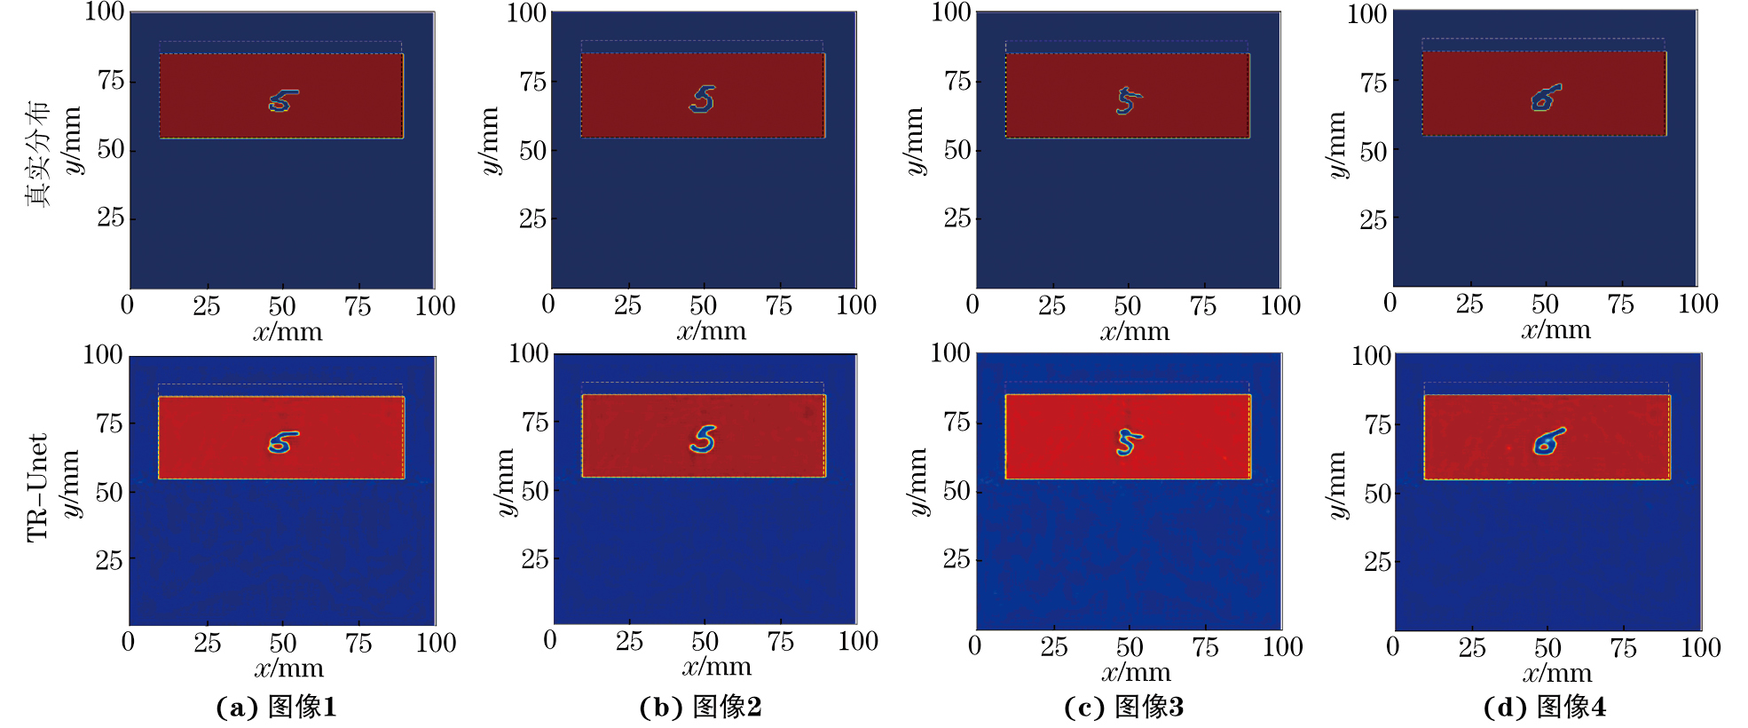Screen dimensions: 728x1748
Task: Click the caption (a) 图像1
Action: point(276,707)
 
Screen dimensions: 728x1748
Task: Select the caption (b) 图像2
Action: point(700,707)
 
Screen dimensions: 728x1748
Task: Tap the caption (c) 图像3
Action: point(1123,707)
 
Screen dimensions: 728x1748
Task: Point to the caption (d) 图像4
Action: point(1544,707)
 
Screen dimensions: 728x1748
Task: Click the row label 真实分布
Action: point(37,154)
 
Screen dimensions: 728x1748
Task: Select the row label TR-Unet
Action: point(37,487)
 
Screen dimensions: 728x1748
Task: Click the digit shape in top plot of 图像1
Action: point(282,101)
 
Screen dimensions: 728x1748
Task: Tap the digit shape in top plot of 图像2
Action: point(703,99)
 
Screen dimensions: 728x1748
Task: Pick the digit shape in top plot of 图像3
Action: point(1127,100)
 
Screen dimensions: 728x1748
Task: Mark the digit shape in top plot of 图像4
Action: point(1545,98)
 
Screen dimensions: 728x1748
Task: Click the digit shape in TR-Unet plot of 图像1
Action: point(282,442)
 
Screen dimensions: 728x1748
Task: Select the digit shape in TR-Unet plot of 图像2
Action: point(704,439)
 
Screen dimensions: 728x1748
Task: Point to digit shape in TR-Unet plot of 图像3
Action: point(1128,441)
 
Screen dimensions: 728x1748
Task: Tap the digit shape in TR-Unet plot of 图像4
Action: point(1547,441)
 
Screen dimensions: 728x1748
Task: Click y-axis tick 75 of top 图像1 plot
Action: point(111,81)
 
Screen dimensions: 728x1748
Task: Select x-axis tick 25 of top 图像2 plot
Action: point(627,305)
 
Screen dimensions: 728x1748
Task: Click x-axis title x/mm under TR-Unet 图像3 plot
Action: point(1136,673)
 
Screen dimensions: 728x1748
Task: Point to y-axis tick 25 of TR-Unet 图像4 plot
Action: point(1377,561)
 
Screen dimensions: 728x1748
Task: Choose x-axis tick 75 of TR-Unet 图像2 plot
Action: point(780,641)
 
